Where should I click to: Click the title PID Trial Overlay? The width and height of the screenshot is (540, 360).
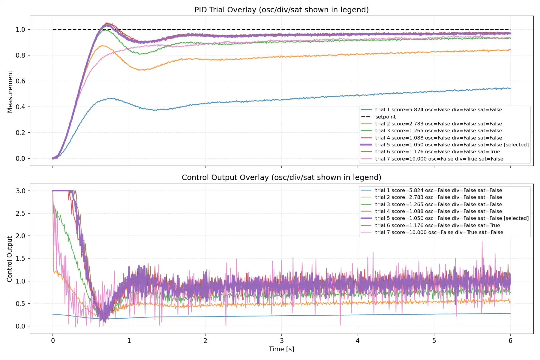click(x=281, y=10)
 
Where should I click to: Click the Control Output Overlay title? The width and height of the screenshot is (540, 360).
click(x=281, y=177)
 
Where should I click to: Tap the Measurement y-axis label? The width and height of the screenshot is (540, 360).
click(x=10, y=91)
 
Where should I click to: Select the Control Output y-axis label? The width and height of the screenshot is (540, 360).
click(x=10, y=259)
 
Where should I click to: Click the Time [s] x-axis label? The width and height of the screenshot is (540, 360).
click(x=281, y=349)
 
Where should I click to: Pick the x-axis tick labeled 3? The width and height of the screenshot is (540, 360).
click(x=282, y=341)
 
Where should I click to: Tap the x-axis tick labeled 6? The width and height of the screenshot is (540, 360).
click(x=510, y=341)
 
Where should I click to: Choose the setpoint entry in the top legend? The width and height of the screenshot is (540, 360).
click(x=385, y=117)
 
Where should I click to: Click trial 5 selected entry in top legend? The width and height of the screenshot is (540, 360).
click(x=451, y=145)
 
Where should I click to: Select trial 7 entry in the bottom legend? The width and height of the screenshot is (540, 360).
click(x=439, y=232)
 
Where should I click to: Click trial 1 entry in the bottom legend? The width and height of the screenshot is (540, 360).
click(x=438, y=190)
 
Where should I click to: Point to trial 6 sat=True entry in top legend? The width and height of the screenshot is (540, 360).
click(x=437, y=151)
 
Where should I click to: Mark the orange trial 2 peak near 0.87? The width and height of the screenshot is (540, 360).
click(x=103, y=46)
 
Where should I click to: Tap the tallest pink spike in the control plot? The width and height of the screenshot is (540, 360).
click(x=482, y=241)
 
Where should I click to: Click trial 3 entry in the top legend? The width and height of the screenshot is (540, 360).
click(x=438, y=130)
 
